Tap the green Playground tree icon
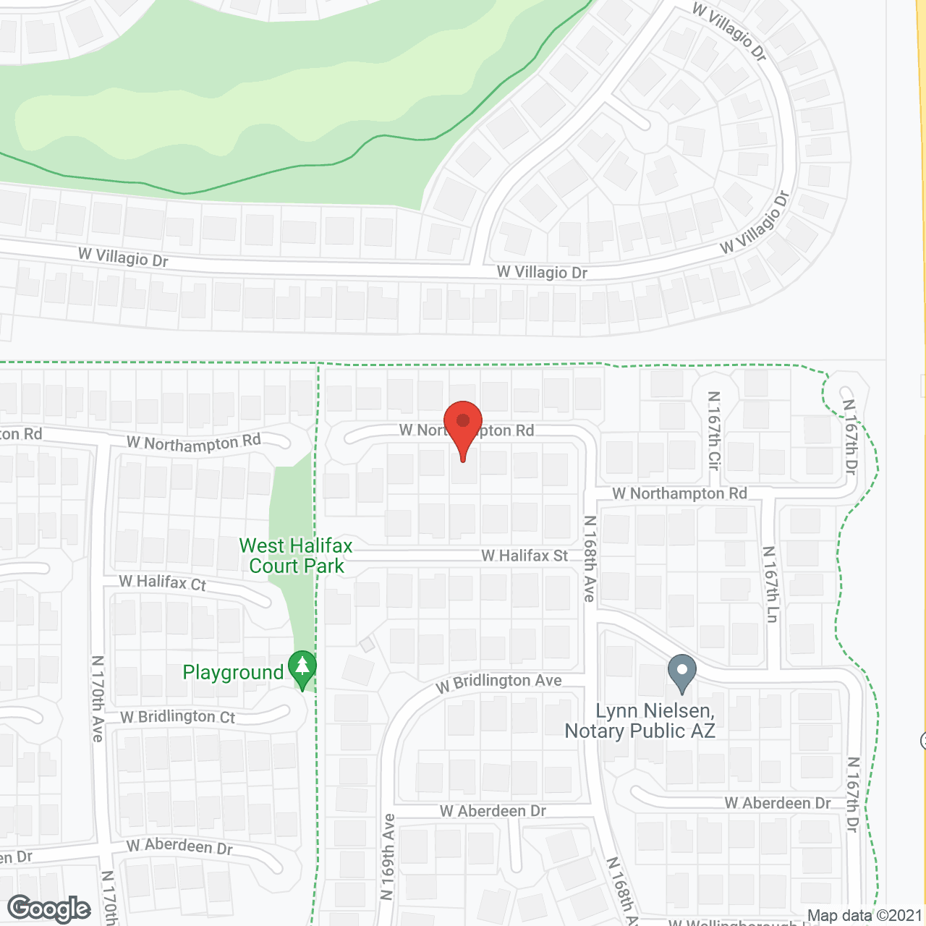point(302,668)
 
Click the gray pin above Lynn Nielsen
point(681,672)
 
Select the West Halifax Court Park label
point(296,556)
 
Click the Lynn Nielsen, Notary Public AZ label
point(640,721)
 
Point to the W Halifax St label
point(524,556)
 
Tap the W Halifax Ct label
point(163,582)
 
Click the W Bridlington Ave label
point(499,682)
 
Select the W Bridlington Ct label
point(178,717)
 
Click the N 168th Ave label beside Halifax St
point(590,558)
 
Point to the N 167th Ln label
point(771,584)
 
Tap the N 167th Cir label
point(714,430)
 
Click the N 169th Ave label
point(388,857)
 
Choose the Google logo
point(49,909)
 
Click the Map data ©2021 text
point(865,916)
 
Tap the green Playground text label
point(233,673)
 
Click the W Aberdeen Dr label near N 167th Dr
point(778,804)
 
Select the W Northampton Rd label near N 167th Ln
point(679,493)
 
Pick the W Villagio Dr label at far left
point(123,257)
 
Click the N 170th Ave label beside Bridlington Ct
point(98,698)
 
